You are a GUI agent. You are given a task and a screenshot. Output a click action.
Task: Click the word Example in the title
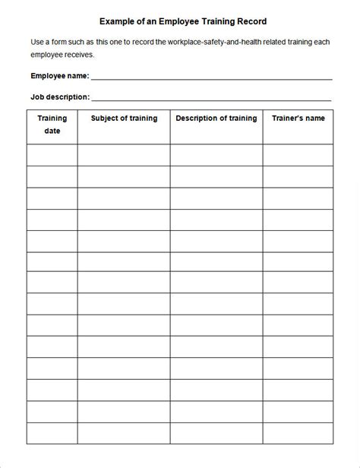(x=116, y=22)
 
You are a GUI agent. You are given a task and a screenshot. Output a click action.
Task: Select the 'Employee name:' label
(x=60, y=76)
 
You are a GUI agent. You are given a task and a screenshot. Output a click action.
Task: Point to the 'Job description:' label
(x=60, y=97)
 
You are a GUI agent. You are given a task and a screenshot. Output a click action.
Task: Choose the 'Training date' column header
(x=52, y=125)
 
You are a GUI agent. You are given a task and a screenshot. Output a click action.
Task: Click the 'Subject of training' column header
(x=124, y=119)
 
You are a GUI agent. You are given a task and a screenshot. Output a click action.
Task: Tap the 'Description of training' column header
(x=216, y=119)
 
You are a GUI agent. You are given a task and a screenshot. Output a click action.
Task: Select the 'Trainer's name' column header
(x=298, y=119)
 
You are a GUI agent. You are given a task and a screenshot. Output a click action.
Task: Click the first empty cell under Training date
(x=52, y=155)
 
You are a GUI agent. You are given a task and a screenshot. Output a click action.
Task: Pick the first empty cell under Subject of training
(x=124, y=155)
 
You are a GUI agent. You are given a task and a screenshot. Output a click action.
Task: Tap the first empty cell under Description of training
(x=216, y=155)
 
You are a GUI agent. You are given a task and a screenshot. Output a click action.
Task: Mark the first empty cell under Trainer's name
(x=298, y=155)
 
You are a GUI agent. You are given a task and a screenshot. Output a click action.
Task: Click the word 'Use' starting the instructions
(x=38, y=41)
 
